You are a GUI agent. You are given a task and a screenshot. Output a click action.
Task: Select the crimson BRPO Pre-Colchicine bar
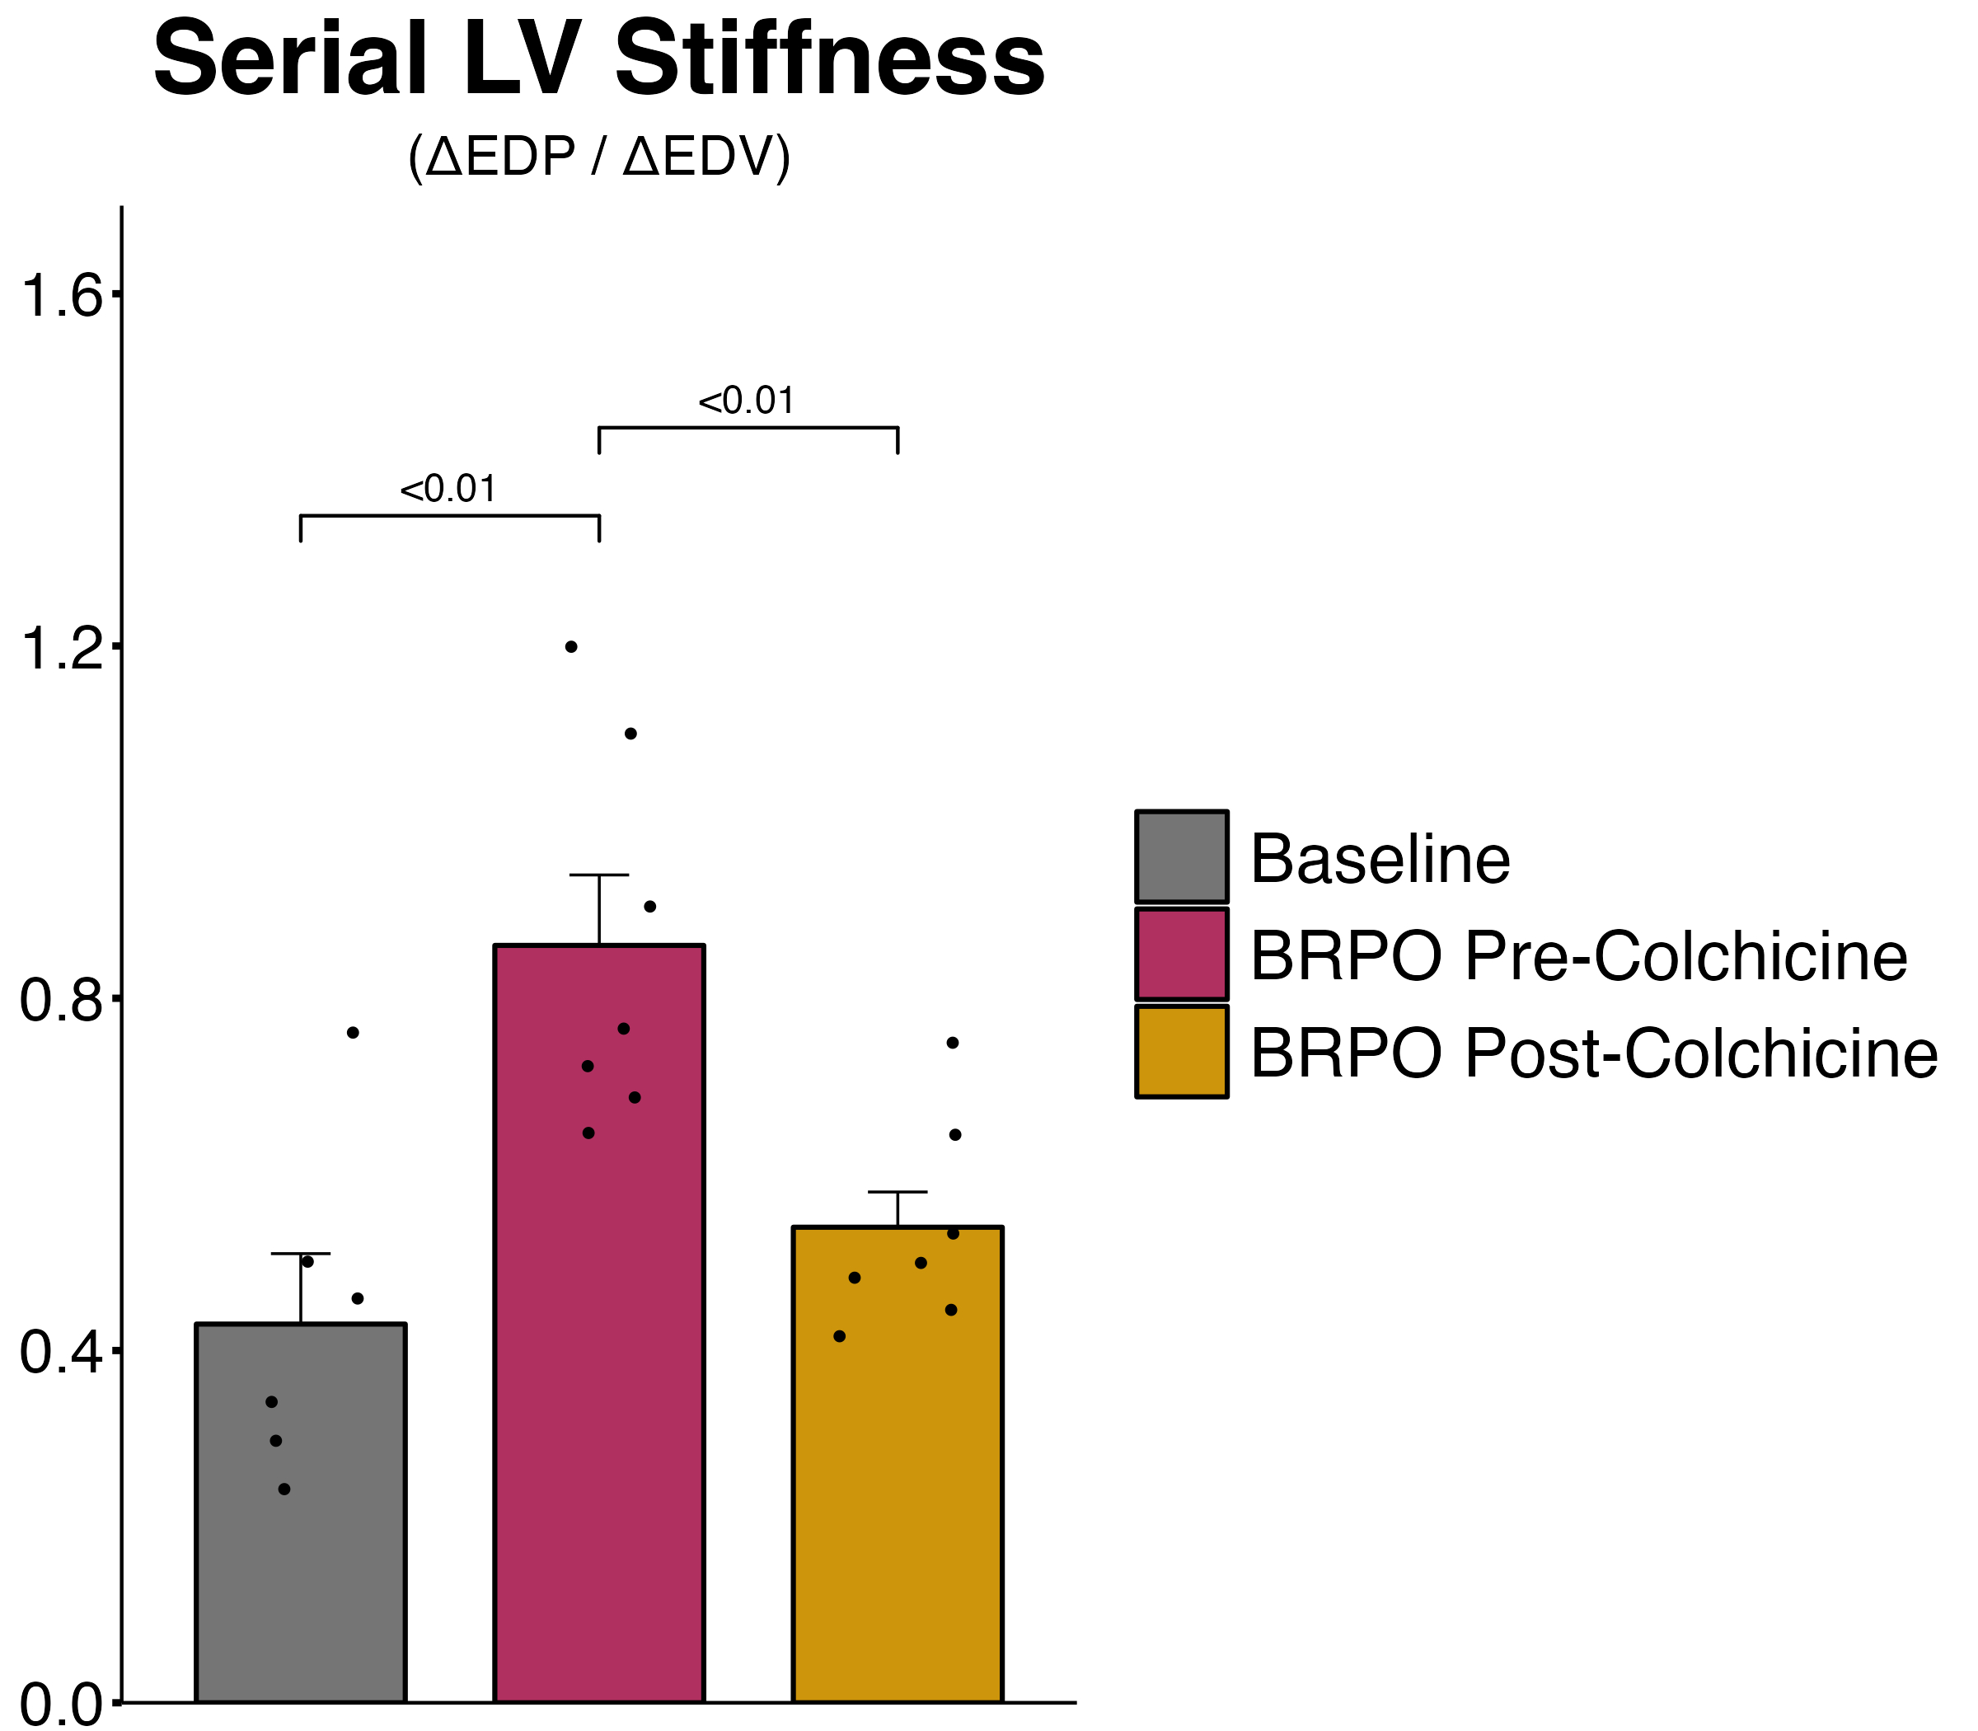pos(599,1353)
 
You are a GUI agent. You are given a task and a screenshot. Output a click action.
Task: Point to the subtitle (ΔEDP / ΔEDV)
pos(599,157)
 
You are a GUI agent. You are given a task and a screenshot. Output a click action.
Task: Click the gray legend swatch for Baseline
pos(1181,856)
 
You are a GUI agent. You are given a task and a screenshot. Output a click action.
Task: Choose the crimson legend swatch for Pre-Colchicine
pos(1181,955)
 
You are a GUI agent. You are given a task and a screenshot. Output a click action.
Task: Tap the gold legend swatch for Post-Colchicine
pos(1181,1052)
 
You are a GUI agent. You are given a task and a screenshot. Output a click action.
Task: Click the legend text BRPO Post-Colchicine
pos(1594,1053)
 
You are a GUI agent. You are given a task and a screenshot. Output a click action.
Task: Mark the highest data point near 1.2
pos(571,647)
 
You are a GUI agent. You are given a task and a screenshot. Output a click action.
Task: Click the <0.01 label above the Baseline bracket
pos(448,490)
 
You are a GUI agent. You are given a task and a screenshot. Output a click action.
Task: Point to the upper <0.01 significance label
pos(747,401)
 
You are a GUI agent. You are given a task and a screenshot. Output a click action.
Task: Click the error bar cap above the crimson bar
pos(599,875)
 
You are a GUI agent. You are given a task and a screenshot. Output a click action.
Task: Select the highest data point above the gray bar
pos(353,1033)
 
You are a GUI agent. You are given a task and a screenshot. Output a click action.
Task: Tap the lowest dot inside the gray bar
pos(284,1489)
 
